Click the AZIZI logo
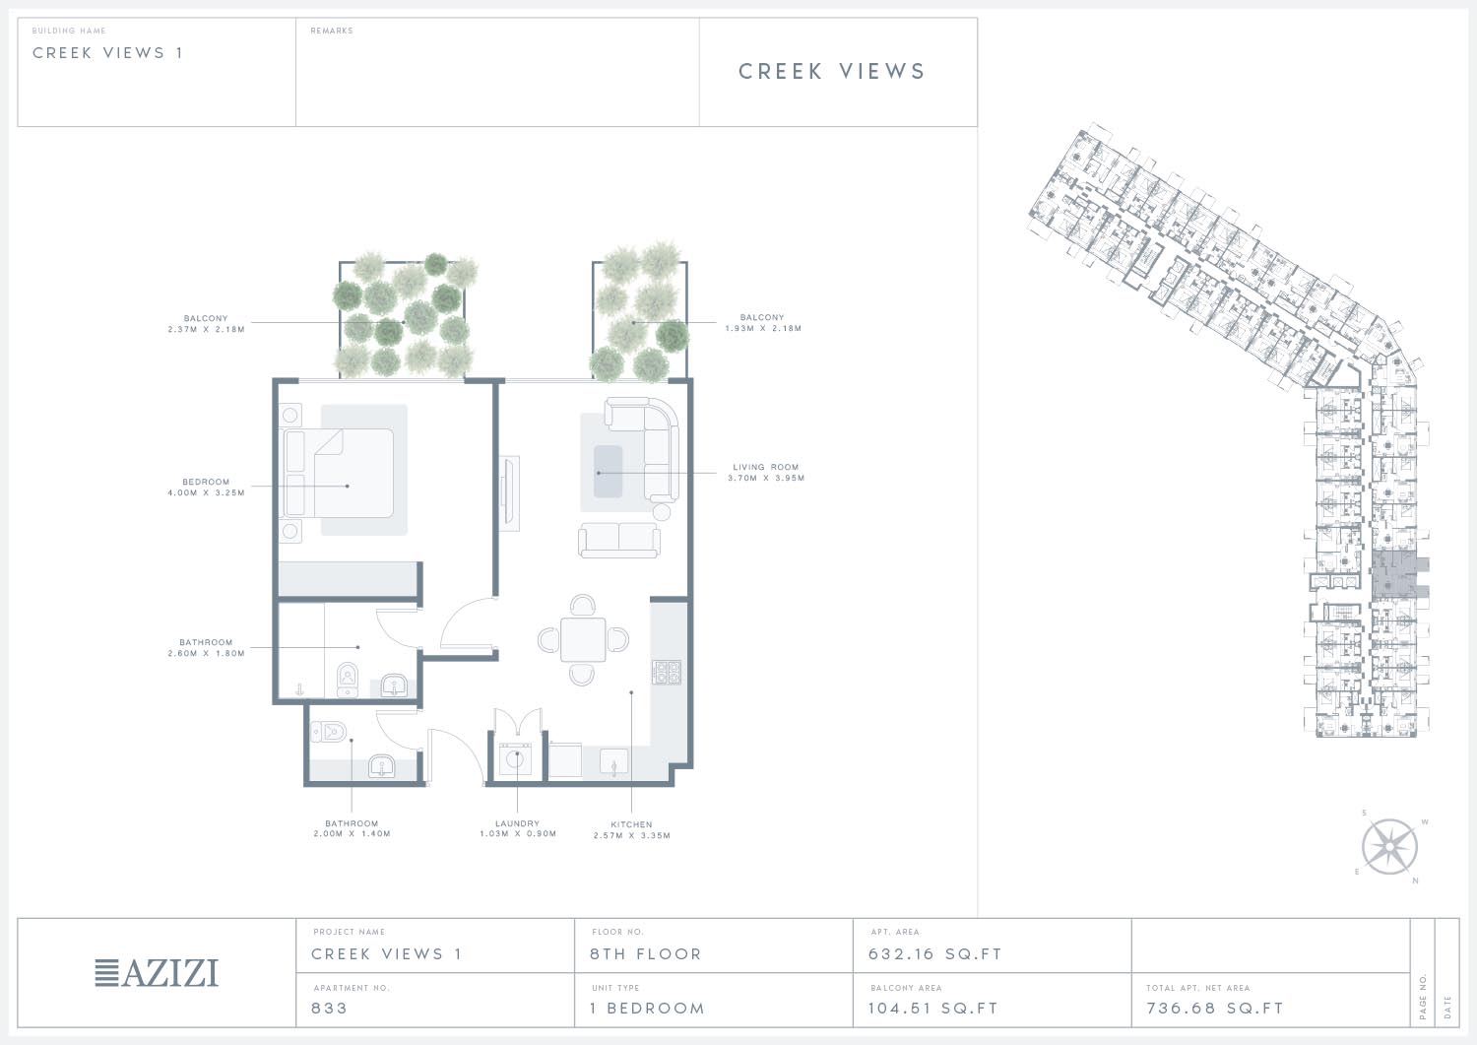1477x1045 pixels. pyautogui.click(x=157, y=973)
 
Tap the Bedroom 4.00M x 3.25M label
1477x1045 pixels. pyautogui.click(x=207, y=488)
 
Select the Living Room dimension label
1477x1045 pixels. pyautogui.click(x=766, y=473)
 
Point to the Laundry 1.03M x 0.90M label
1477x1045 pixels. pyautogui.click(x=518, y=828)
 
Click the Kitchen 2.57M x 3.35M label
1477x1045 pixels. pyautogui.click(x=632, y=830)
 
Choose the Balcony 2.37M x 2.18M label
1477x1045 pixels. pyautogui.click(x=206, y=323)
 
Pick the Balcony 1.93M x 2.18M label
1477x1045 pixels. pyautogui.click(x=763, y=323)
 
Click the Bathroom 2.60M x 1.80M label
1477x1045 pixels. pyautogui.click(x=206, y=648)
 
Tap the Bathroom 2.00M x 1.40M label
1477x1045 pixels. pyautogui.click(x=353, y=828)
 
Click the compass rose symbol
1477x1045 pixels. pyautogui.click(x=1389, y=846)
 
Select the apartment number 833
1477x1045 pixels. pyautogui.click(x=329, y=1008)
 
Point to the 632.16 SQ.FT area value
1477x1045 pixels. pyautogui.click(x=935, y=954)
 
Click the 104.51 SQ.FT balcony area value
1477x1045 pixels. pyautogui.click(x=933, y=1008)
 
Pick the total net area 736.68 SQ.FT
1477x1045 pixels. pyautogui.click(x=1214, y=1008)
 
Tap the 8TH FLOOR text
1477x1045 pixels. pyautogui.click(x=646, y=954)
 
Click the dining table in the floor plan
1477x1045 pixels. pyautogui.click(x=583, y=639)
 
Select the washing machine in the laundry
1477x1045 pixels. pyautogui.click(x=515, y=760)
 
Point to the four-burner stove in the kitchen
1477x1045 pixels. pyautogui.click(x=667, y=673)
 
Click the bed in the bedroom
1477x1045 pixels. pyautogui.click(x=339, y=473)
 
